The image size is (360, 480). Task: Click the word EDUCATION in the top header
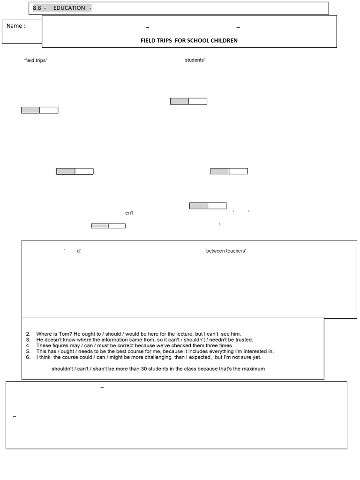click(69, 8)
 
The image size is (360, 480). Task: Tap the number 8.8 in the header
click(37, 8)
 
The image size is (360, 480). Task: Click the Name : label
click(15, 26)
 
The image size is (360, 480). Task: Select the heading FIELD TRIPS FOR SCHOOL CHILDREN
click(189, 40)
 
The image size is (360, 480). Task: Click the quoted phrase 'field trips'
click(36, 61)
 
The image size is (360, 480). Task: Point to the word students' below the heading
click(195, 60)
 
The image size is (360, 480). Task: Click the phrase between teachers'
click(226, 251)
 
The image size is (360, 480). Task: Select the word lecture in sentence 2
click(183, 334)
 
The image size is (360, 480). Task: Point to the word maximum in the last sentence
click(253, 369)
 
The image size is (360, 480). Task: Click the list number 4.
click(28, 345)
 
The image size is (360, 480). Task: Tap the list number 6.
click(28, 357)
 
